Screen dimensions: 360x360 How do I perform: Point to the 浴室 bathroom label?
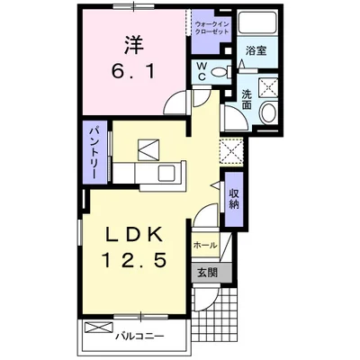[256, 51]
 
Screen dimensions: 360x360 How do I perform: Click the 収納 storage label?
[233, 196]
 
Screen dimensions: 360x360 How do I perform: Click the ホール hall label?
[202, 243]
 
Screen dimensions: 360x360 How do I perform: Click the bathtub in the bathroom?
[259, 25]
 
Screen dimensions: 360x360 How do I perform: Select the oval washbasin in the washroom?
[268, 112]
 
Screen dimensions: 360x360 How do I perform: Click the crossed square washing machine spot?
[267, 86]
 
